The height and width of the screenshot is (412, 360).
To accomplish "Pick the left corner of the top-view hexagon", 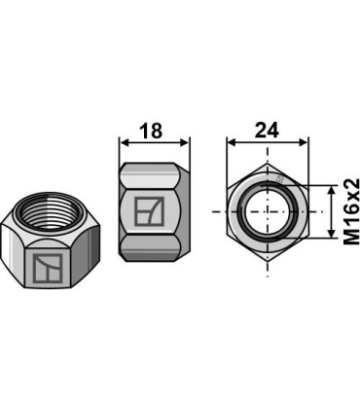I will pyautogui.click(x=230, y=210).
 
